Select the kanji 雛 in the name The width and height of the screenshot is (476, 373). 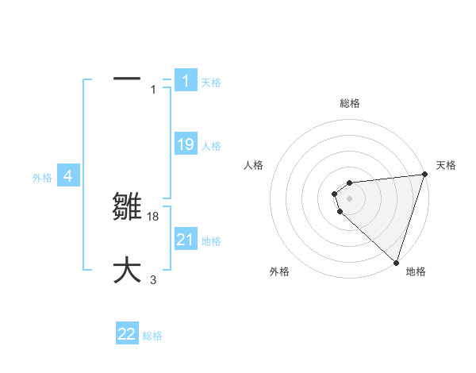(x=128, y=208)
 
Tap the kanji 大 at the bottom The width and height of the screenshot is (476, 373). (x=127, y=270)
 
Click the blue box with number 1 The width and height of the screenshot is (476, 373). (x=186, y=81)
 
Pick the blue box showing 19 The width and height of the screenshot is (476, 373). (x=186, y=144)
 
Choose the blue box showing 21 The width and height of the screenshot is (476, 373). (x=186, y=240)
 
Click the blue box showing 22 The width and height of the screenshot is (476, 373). (x=127, y=334)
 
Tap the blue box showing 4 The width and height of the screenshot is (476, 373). (x=68, y=176)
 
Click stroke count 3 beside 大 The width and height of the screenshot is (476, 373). (x=153, y=279)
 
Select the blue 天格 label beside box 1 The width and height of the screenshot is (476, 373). (x=211, y=83)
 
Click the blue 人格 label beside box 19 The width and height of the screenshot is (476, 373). (x=211, y=146)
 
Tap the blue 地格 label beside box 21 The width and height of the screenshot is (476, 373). (x=211, y=241)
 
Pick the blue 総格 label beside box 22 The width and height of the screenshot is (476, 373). (x=152, y=336)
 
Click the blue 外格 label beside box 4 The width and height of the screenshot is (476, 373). (x=42, y=178)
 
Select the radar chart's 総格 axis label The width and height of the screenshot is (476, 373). (x=349, y=103)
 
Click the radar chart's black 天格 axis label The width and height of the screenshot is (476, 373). (x=446, y=165)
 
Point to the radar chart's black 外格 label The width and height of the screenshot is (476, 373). (x=279, y=271)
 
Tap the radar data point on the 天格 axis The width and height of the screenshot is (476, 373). (x=424, y=175)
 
